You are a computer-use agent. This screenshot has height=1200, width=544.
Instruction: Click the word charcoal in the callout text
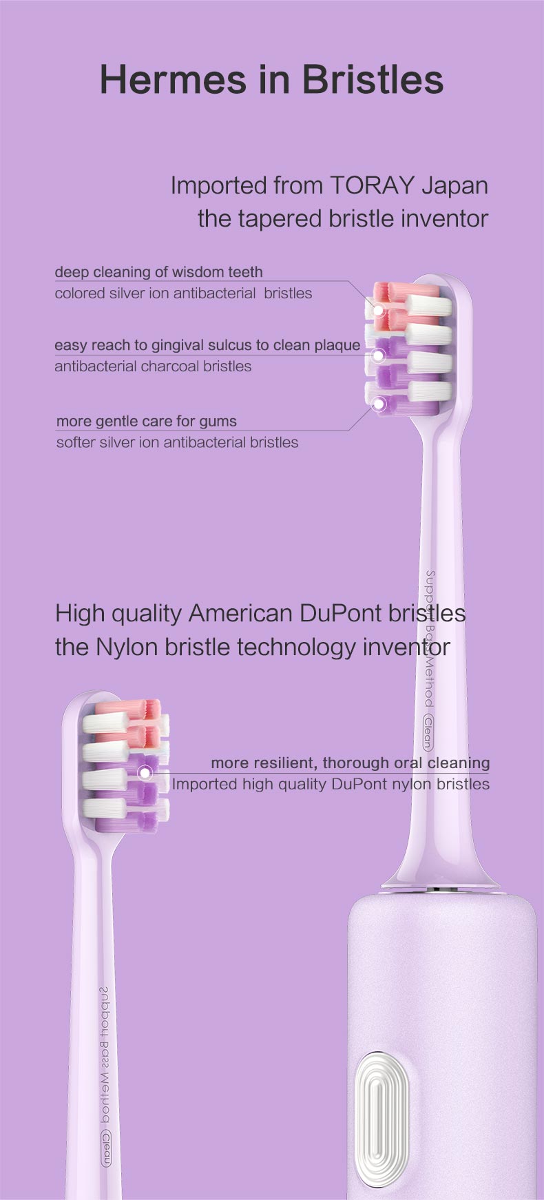171,366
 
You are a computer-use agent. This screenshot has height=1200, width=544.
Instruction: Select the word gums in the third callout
219,422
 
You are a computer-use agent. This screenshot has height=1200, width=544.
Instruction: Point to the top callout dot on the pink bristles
378,309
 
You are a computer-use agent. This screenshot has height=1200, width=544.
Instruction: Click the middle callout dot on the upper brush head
378,355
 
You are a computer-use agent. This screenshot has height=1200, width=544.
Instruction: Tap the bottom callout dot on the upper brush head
378,404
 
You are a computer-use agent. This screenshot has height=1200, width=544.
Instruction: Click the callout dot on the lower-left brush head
145,773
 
